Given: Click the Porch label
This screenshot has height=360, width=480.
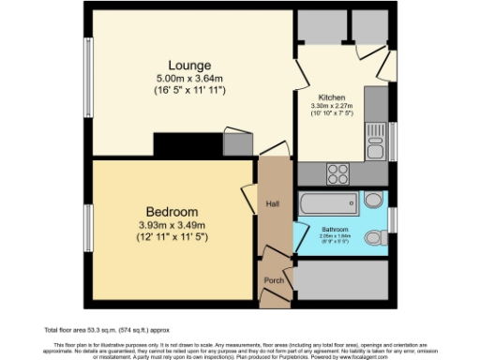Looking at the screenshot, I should pos(275,280).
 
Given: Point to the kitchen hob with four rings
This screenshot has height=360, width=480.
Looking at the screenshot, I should pos(337,172).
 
